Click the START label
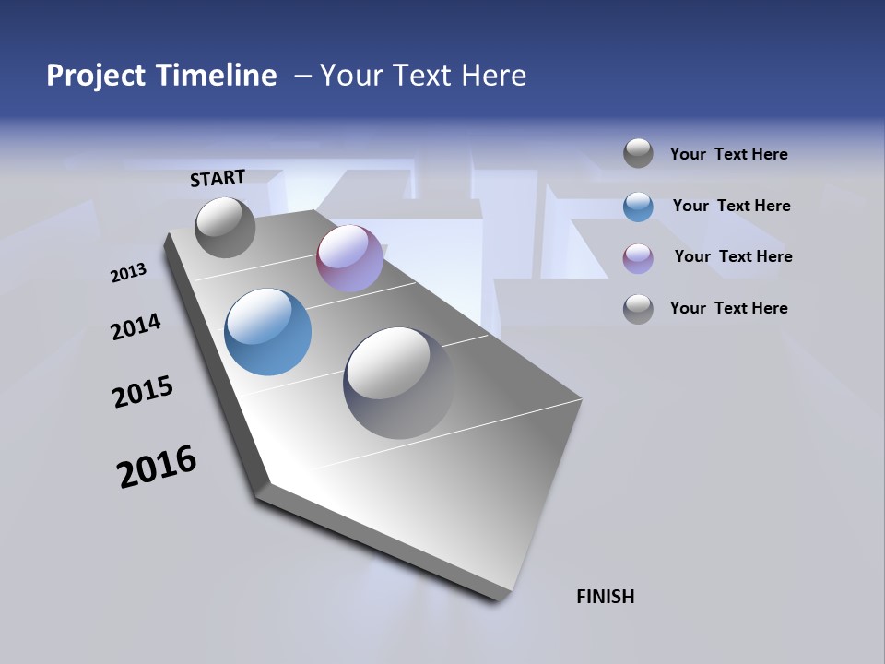pyautogui.click(x=218, y=178)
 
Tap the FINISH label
pyautogui.click(x=605, y=597)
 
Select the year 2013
pyautogui.click(x=129, y=273)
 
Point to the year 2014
pyautogui.click(x=136, y=326)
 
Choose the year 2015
pyautogui.click(x=143, y=392)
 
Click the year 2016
pyautogui.click(x=157, y=466)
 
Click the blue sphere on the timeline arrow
pyautogui.click(x=267, y=332)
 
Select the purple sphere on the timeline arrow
pyautogui.click(x=349, y=258)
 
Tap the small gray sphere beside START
pyautogui.click(x=225, y=227)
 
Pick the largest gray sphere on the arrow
pyautogui.click(x=399, y=383)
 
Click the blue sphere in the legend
pyautogui.click(x=638, y=207)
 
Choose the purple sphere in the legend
pyautogui.click(x=638, y=258)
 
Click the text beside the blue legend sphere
pyautogui.click(x=731, y=206)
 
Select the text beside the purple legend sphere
pyautogui.click(x=733, y=256)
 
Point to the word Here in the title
pyautogui.click(x=493, y=75)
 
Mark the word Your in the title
pyautogui.click(x=353, y=75)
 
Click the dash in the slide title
pyautogui.click(x=302, y=76)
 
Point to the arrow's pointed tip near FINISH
pyautogui.click(x=501, y=598)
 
